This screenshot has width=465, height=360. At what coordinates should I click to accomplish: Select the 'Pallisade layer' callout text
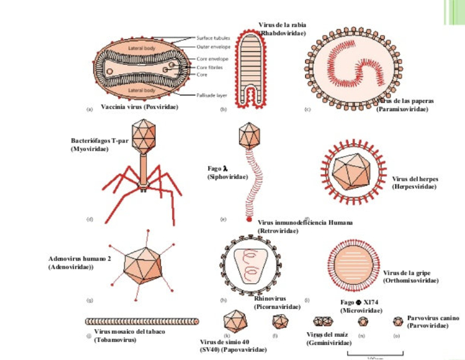(x=212, y=94)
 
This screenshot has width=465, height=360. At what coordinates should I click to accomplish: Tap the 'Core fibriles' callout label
(x=209, y=67)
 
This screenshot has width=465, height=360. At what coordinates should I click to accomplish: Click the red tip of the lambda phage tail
(x=249, y=220)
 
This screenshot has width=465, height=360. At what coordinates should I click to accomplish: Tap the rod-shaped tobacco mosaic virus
(x=142, y=322)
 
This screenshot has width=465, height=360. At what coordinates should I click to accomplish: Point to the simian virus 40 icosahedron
(x=235, y=321)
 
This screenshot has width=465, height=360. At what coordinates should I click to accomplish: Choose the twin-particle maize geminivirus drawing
(x=323, y=322)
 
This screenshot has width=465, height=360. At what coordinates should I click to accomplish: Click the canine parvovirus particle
(x=398, y=321)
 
